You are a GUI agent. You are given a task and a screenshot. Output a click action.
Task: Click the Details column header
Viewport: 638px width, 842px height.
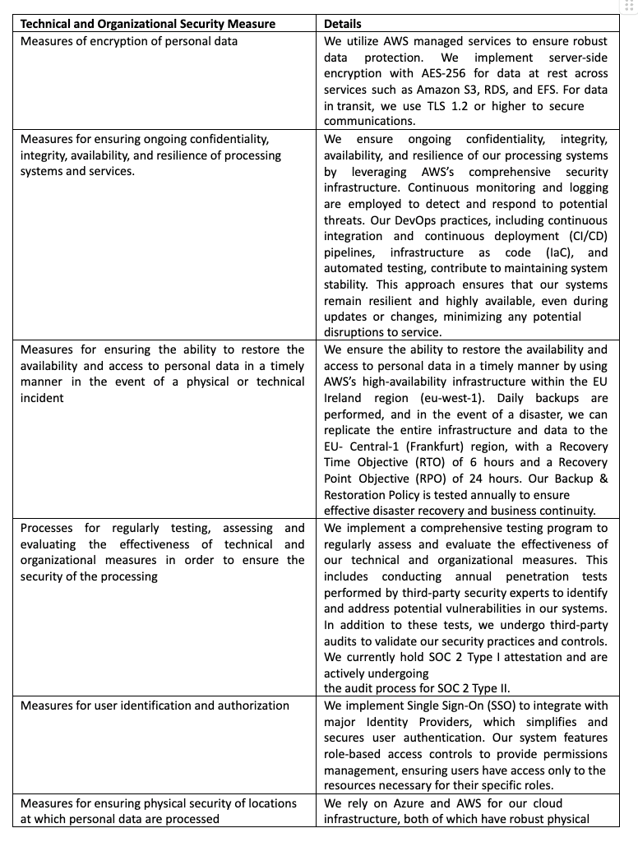coord(343,24)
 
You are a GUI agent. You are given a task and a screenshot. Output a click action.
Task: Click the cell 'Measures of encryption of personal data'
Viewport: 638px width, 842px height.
coord(129,41)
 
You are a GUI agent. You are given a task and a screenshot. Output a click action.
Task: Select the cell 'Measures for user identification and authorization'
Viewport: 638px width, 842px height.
coord(155,706)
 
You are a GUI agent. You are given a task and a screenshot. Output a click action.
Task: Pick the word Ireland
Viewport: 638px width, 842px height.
coord(348,397)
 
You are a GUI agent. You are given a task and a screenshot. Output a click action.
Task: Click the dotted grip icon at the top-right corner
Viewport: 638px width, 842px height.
coord(630,6)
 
